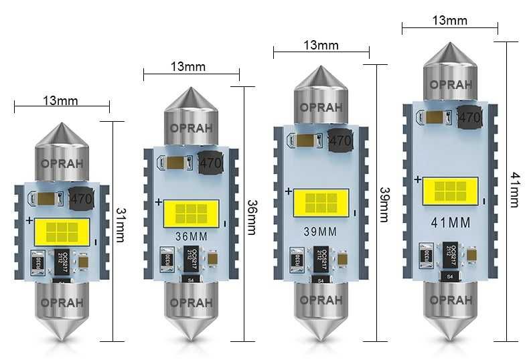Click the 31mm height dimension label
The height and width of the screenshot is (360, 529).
coord(120,225)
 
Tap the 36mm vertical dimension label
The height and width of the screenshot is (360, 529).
coord(251,216)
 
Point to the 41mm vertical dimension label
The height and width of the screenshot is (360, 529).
coord(514,189)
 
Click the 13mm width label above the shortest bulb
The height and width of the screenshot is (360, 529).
coord(61,101)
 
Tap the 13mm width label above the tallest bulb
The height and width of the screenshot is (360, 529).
coord(449,21)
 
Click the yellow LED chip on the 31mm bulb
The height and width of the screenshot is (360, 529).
coord(62,231)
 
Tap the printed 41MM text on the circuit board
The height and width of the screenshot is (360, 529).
coord(449,221)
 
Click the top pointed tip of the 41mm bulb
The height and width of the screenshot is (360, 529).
coord(449,46)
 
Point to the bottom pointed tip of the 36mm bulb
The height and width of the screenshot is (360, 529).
coord(191,339)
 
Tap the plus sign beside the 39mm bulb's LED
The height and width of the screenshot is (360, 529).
coord(288,191)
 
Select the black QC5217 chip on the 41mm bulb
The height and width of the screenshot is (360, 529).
coord(451,253)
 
